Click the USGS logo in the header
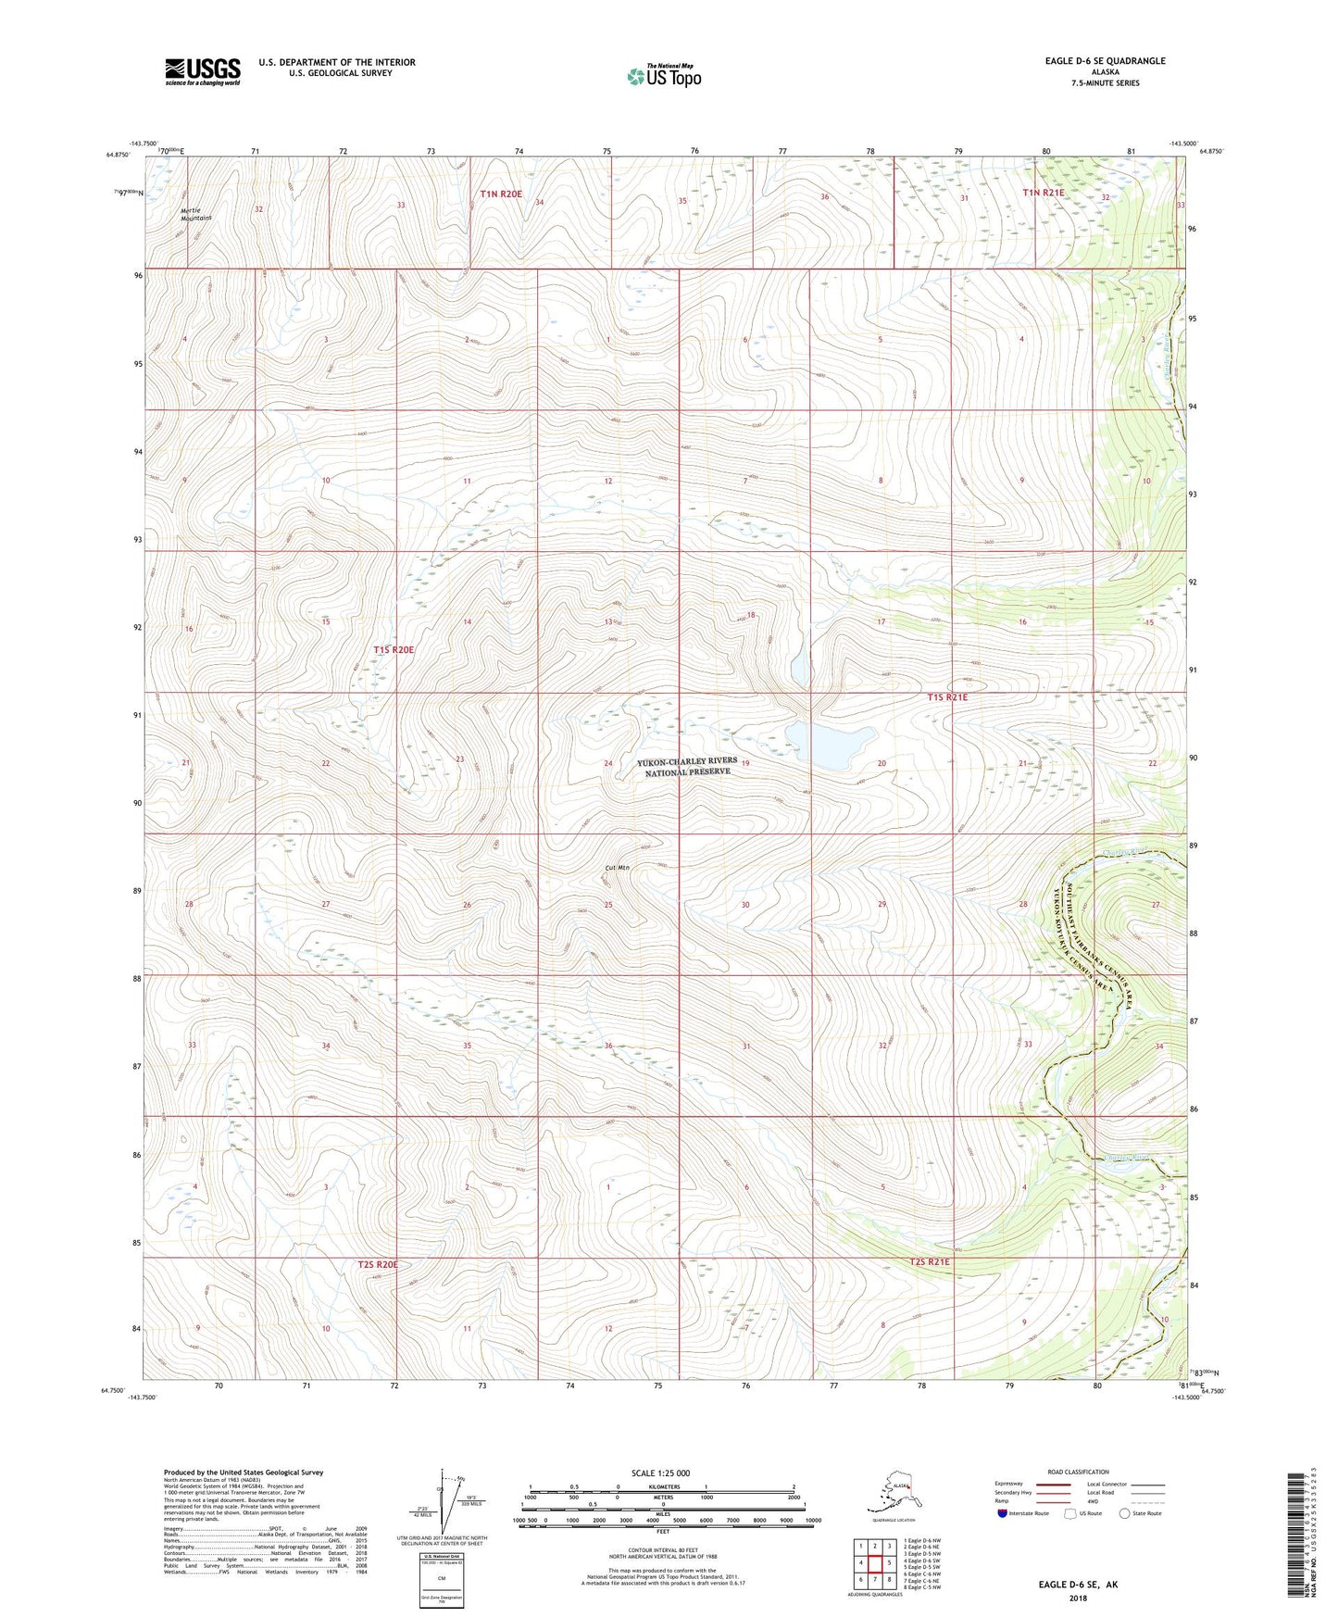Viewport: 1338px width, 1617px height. (x=203, y=70)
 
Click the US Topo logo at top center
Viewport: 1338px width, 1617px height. (x=663, y=75)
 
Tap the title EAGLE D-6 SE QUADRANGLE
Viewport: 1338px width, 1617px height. (x=1092, y=61)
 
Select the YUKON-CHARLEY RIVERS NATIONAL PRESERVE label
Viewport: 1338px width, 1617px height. (x=687, y=766)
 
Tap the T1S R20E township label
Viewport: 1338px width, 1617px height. (x=394, y=650)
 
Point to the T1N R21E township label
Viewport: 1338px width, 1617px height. (x=1044, y=193)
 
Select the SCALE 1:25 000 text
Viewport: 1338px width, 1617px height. (x=661, y=1473)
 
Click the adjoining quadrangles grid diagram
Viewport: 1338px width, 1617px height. (x=875, y=1563)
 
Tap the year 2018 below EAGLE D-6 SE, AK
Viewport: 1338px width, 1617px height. (x=1078, y=1598)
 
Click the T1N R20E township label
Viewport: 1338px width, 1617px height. (x=501, y=194)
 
